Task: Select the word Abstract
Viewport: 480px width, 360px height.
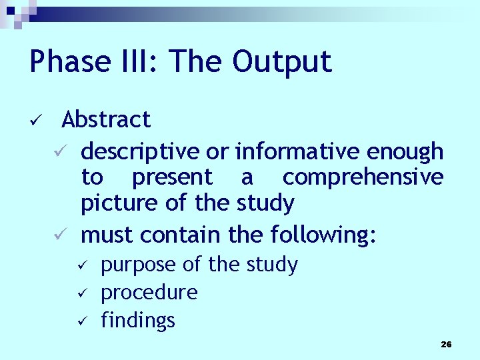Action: coord(106,120)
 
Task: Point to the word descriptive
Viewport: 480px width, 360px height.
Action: coord(140,152)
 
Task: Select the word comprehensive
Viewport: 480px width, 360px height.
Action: coord(363,178)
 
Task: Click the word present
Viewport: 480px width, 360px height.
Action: coord(172,178)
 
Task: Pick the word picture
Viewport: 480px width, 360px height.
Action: coord(114,203)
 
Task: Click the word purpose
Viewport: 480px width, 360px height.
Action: coord(139,265)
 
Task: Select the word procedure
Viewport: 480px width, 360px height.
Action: coord(149,293)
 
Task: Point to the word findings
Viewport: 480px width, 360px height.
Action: coord(138,320)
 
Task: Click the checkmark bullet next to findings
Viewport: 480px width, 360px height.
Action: coord(79,321)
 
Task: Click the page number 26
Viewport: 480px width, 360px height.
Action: coord(446,345)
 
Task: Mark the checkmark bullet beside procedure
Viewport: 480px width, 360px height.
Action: coord(79,293)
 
